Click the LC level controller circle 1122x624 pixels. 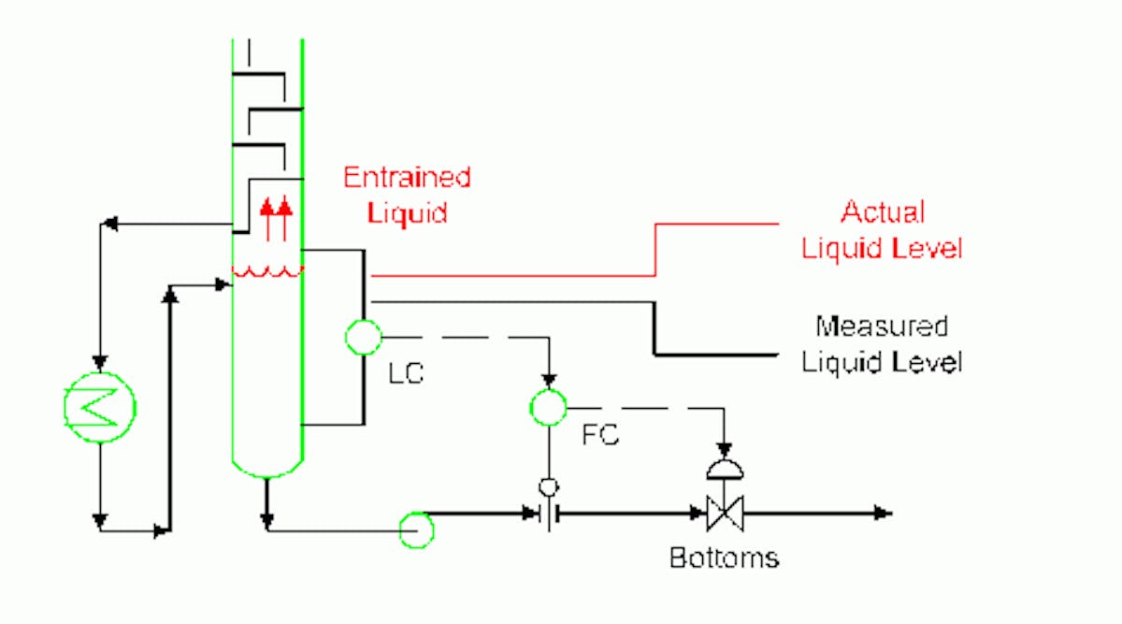363,337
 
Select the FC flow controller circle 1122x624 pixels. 549,406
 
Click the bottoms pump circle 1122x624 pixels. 416,530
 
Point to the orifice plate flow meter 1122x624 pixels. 550,514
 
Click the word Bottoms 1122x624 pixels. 724,559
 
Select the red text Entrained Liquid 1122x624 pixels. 406,195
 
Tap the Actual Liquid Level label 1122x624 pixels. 882,230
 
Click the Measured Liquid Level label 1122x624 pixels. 882,343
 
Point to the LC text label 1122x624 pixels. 406,374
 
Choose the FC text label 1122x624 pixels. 600,436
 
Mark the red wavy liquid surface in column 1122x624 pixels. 267,272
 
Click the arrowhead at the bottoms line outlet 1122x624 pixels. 884,514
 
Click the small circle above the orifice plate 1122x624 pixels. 550,486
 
